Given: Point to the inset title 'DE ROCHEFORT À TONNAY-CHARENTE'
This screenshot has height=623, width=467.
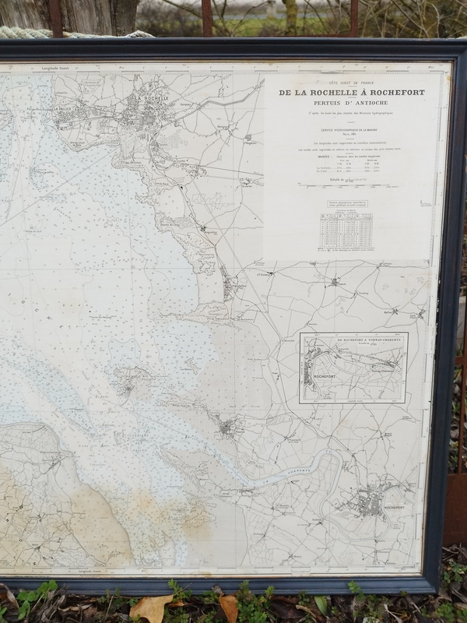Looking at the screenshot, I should coord(354,341).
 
